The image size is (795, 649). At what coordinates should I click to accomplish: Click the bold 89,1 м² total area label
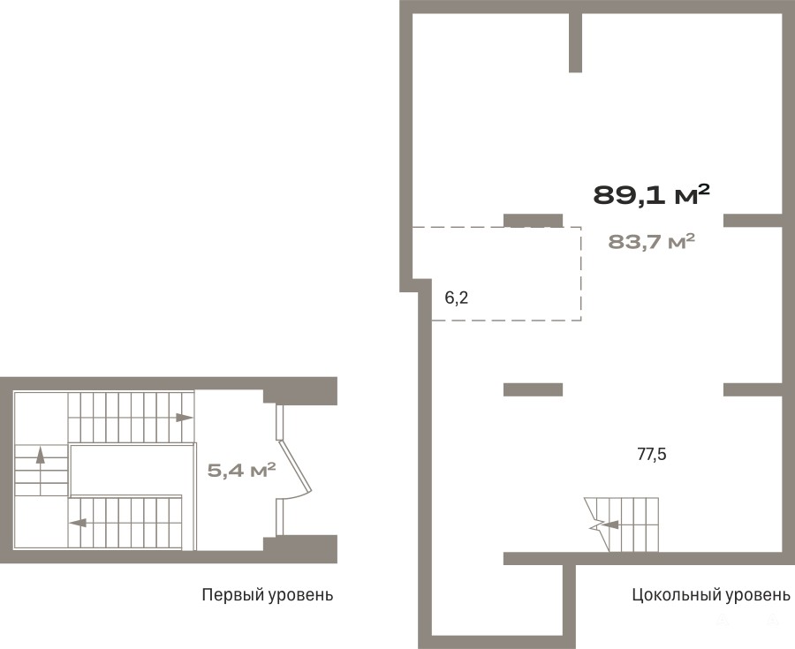pos(651,194)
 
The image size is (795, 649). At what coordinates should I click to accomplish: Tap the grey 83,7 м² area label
pos(651,242)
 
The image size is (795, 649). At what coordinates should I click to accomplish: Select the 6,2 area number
pos(457,298)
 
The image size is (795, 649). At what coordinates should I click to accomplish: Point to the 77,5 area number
pos(652,455)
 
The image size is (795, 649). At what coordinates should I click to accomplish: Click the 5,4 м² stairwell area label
pos(241,471)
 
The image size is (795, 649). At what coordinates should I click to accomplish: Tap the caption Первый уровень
pos(268,594)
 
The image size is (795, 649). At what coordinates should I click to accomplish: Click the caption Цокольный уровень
pos(711,594)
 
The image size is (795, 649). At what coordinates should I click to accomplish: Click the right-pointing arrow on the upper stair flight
pos(184,418)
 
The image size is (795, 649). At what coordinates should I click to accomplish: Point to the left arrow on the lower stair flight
pos(78,523)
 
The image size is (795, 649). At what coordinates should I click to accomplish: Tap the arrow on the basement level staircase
pos(609,524)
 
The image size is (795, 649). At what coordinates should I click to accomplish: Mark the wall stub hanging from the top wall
pos(575,42)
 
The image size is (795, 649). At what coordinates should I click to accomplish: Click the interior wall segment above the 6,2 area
pos(533,221)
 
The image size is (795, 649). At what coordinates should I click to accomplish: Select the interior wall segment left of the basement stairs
pos(533,389)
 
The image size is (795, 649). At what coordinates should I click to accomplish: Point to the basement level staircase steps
pos(622,524)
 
